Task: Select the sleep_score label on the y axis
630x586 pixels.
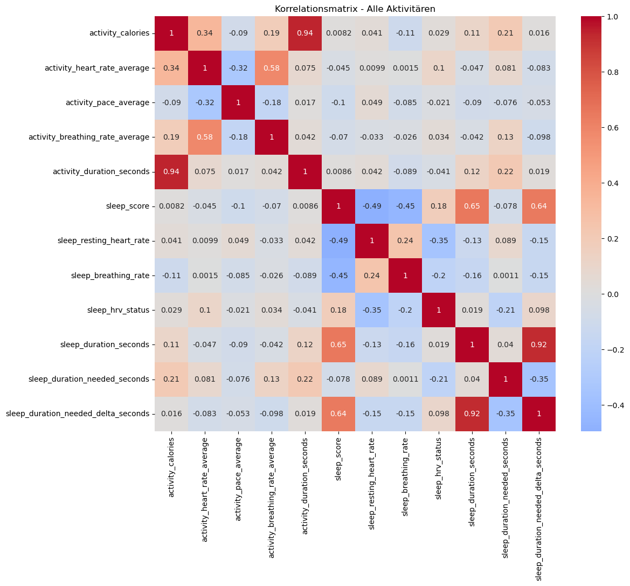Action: (127, 206)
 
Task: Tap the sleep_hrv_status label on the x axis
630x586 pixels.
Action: (439, 468)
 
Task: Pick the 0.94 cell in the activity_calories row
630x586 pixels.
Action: (305, 33)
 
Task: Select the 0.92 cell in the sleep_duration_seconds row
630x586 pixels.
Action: (539, 344)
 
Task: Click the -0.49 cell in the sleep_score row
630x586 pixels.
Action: (372, 206)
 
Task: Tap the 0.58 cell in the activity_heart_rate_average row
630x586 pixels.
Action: (272, 68)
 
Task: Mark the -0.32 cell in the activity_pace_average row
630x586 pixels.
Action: (205, 102)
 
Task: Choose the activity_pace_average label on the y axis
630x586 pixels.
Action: (107, 102)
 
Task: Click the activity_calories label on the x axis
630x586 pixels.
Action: (171, 467)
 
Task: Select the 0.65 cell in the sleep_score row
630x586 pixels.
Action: (472, 206)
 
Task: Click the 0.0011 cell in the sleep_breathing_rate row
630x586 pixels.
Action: (506, 275)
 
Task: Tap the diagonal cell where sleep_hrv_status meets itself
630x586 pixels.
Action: (439, 310)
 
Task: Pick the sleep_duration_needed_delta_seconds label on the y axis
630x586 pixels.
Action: (78, 413)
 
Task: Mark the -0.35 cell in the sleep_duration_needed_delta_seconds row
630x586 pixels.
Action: (506, 413)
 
